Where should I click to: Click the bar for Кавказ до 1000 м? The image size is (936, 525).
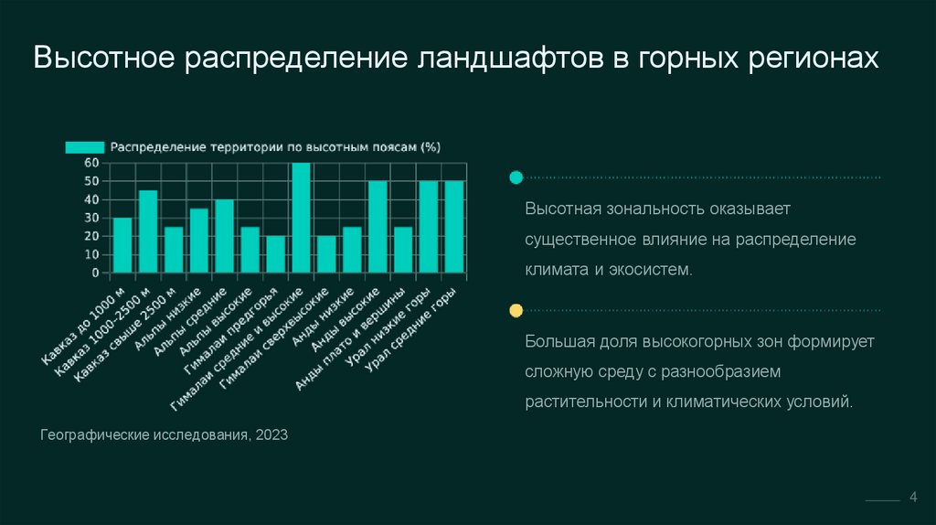point(122,245)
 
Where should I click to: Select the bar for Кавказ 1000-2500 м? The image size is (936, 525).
point(148,231)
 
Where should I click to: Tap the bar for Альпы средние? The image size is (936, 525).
point(224,236)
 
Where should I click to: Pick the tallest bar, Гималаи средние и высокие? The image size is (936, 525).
point(301,218)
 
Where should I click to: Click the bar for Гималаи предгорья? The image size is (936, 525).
point(275,254)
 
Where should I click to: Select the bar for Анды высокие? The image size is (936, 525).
point(378,227)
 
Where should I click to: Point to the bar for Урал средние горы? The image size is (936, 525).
point(454,227)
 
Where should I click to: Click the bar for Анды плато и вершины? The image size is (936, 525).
point(403,250)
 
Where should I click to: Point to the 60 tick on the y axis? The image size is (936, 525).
point(91,163)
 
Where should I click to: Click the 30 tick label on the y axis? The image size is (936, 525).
point(91,218)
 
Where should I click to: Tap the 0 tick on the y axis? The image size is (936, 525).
point(95,273)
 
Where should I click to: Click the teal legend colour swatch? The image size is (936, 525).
point(84,146)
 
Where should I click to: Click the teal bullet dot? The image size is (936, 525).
point(516,177)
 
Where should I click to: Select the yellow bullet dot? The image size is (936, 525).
point(516,311)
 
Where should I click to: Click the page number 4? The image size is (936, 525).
point(912,497)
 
